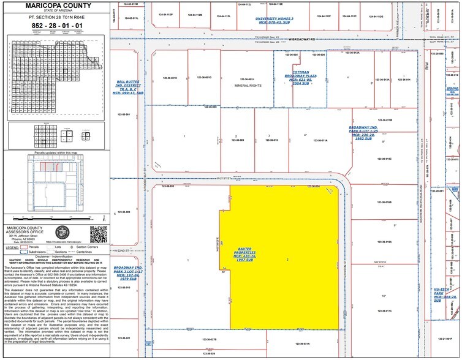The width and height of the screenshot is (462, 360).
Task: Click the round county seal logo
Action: [x=64, y=234]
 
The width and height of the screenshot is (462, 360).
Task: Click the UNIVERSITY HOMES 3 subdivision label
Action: [x=275, y=20]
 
